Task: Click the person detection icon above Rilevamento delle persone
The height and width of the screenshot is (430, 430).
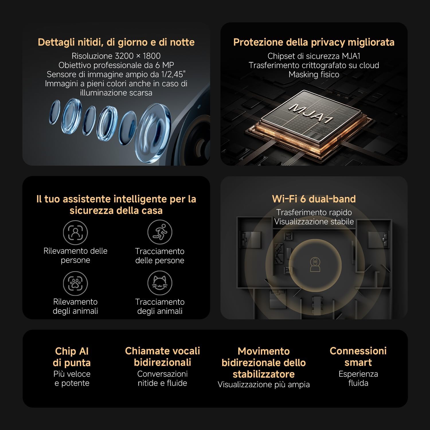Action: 75,232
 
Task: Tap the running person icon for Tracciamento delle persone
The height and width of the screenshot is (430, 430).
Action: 160,232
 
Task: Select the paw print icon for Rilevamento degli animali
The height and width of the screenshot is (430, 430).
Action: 75,283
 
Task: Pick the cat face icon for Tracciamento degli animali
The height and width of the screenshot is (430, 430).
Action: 160,283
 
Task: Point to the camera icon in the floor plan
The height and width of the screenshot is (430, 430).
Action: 315,264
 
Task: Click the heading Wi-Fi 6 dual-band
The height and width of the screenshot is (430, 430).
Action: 314,199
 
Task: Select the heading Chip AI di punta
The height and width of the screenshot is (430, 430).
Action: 72,357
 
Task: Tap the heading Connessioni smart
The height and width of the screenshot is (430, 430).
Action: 358,357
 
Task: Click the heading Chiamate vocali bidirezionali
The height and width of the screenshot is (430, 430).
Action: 163,357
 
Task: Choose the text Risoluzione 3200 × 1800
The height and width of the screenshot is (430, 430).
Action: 116,56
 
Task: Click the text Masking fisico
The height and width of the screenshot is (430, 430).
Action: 314,75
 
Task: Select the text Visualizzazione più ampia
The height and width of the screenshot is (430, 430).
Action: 264,384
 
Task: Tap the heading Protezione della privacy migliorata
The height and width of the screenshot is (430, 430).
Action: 314,42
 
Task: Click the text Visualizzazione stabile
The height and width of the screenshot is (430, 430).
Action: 314,222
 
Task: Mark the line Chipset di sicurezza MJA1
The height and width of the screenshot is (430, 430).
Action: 314,56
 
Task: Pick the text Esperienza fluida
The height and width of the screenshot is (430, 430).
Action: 358,378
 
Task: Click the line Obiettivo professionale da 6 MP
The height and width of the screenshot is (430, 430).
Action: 116,65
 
